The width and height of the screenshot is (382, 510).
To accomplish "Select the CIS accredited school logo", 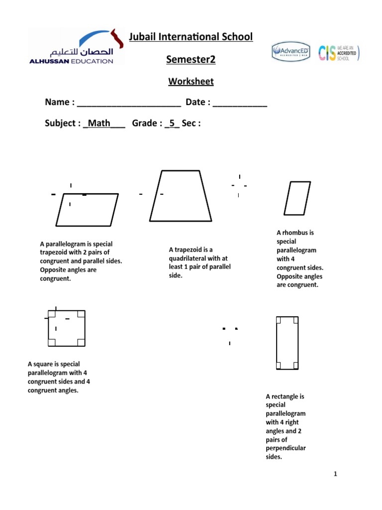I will (x=338, y=52).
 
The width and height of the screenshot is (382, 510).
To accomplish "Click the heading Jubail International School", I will (x=191, y=37).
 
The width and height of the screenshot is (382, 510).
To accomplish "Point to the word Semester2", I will (x=191, y=60).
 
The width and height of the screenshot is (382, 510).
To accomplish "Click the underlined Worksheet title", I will (x=191, y=81).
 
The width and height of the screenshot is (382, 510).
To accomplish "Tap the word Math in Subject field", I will (x=98, y=123).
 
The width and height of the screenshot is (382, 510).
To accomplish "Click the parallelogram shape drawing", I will (x=87, y=210).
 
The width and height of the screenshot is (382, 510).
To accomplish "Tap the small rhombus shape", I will (x=297, y=198).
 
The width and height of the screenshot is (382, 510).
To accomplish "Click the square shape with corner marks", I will (x=67, y=328).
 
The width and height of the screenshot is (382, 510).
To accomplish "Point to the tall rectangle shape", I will (x=287, y=343).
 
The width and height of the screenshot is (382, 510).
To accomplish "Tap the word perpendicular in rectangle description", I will (x=286, y=448).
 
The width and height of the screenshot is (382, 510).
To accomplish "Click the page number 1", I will (x=336, y=474).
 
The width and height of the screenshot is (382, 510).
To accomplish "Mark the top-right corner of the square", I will (x=85, y=311).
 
